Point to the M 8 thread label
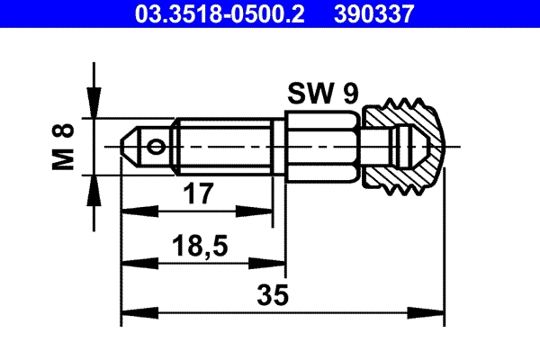[62, 145]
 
